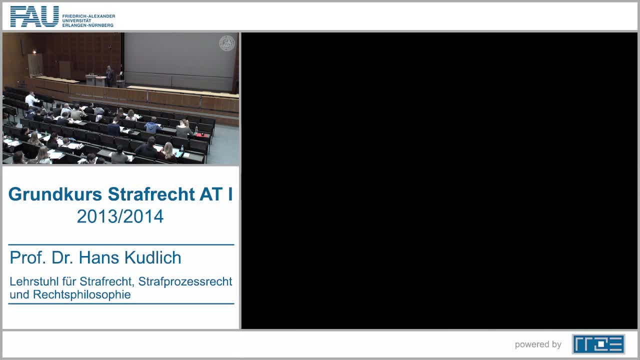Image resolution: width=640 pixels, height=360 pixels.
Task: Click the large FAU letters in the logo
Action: click(34, 16)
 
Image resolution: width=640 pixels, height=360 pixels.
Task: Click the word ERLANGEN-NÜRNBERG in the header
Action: click(88, 25)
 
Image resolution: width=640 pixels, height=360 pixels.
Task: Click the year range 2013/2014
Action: click(120, 216)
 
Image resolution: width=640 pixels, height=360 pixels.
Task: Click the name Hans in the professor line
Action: click(98, 258)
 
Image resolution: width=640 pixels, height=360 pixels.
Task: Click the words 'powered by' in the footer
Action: click(538, 344)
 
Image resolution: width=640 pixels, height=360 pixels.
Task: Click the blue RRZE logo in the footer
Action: click(598, 344)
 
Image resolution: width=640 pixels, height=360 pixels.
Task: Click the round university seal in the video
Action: click(227, 43)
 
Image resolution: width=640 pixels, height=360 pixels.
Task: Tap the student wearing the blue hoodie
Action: click(153, 125)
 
